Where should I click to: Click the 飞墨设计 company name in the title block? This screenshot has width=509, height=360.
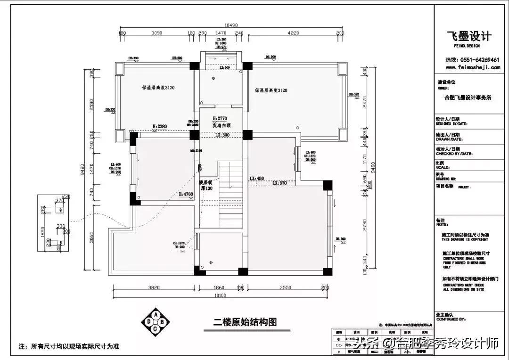pyautogui.click(x=469, y=36)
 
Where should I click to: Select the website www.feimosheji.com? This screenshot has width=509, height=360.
pyautogui.click(x=469, y=67)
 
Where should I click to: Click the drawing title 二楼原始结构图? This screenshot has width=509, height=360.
pyautogui.click(x=245, y=322)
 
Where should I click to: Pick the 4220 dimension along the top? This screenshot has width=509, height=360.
pyautogui.click(x=294, y=33)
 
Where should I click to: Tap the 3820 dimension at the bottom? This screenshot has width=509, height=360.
pyautogui.click(x=155, y=287)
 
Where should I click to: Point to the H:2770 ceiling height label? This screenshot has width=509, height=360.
pyautogui.click(x=220, y=118)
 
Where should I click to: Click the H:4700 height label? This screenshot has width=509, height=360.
pyautogui.click(x=185, y=194)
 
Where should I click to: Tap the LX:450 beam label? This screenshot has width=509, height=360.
pyautogui.click(x=256, y=178)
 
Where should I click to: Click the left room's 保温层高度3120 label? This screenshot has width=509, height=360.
pyautogui.click(x=158, y=88)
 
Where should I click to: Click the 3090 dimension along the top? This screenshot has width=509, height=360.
pyautogui.click(x=156, y=33)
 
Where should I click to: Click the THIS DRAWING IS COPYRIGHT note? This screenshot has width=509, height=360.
pyautogui.click(x=464, y=239)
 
